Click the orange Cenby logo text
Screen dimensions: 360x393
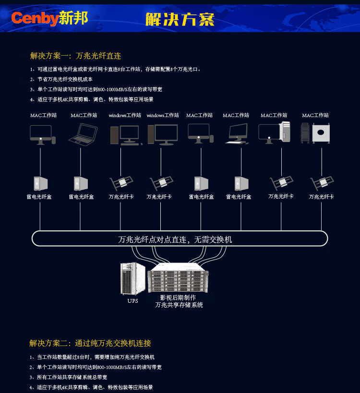35,19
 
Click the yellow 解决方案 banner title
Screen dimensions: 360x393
180,19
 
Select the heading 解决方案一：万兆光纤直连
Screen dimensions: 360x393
75,56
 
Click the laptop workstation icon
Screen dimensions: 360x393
84,134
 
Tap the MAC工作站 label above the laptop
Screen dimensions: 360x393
84,115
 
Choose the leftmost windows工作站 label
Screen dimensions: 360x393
125,115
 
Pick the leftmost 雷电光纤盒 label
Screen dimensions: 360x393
39,197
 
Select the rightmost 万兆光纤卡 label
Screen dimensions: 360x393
321,197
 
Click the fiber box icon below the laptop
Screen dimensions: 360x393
80,183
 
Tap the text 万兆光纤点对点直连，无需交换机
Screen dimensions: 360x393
175,239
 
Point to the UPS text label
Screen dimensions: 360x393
132,301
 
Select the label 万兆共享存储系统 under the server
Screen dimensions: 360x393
179,305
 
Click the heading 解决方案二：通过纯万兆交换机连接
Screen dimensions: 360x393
90,343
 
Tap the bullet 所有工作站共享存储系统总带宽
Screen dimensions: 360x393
72,377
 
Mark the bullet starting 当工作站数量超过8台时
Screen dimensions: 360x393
96,357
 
